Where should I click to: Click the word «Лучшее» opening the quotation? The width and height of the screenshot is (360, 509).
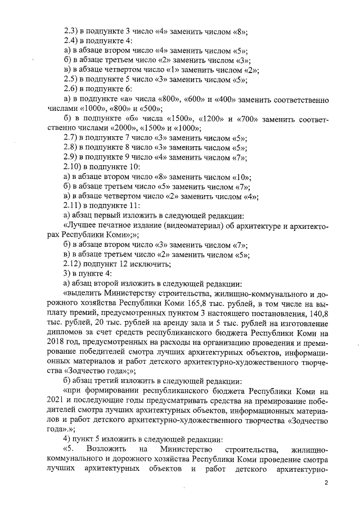(80, 225)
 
